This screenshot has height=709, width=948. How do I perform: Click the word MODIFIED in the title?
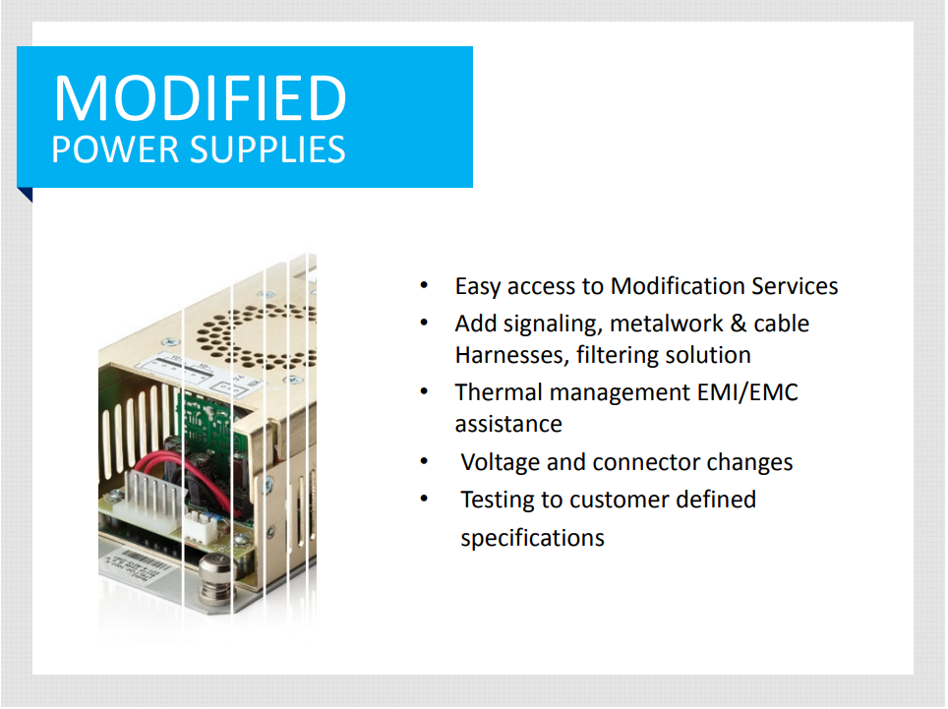[x=200, y=97]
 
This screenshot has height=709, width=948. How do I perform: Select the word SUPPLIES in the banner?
[x=267, y=149]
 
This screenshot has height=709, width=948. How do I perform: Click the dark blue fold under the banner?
[x=26, y=195]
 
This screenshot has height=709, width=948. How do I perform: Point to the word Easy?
[x=478, y=286]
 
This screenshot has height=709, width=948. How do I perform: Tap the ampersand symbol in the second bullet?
[x=739, y=324]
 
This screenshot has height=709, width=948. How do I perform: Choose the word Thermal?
[x=499, y=392]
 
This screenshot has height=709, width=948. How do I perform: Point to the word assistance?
[x=508, y=424]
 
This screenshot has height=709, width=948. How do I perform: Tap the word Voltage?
[x=500, y=462]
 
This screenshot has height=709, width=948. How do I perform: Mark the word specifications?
[x=532, y=538]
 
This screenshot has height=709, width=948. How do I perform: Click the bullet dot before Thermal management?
[x=425, y=392]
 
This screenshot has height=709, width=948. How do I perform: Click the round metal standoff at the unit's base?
[x=215, y=578]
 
